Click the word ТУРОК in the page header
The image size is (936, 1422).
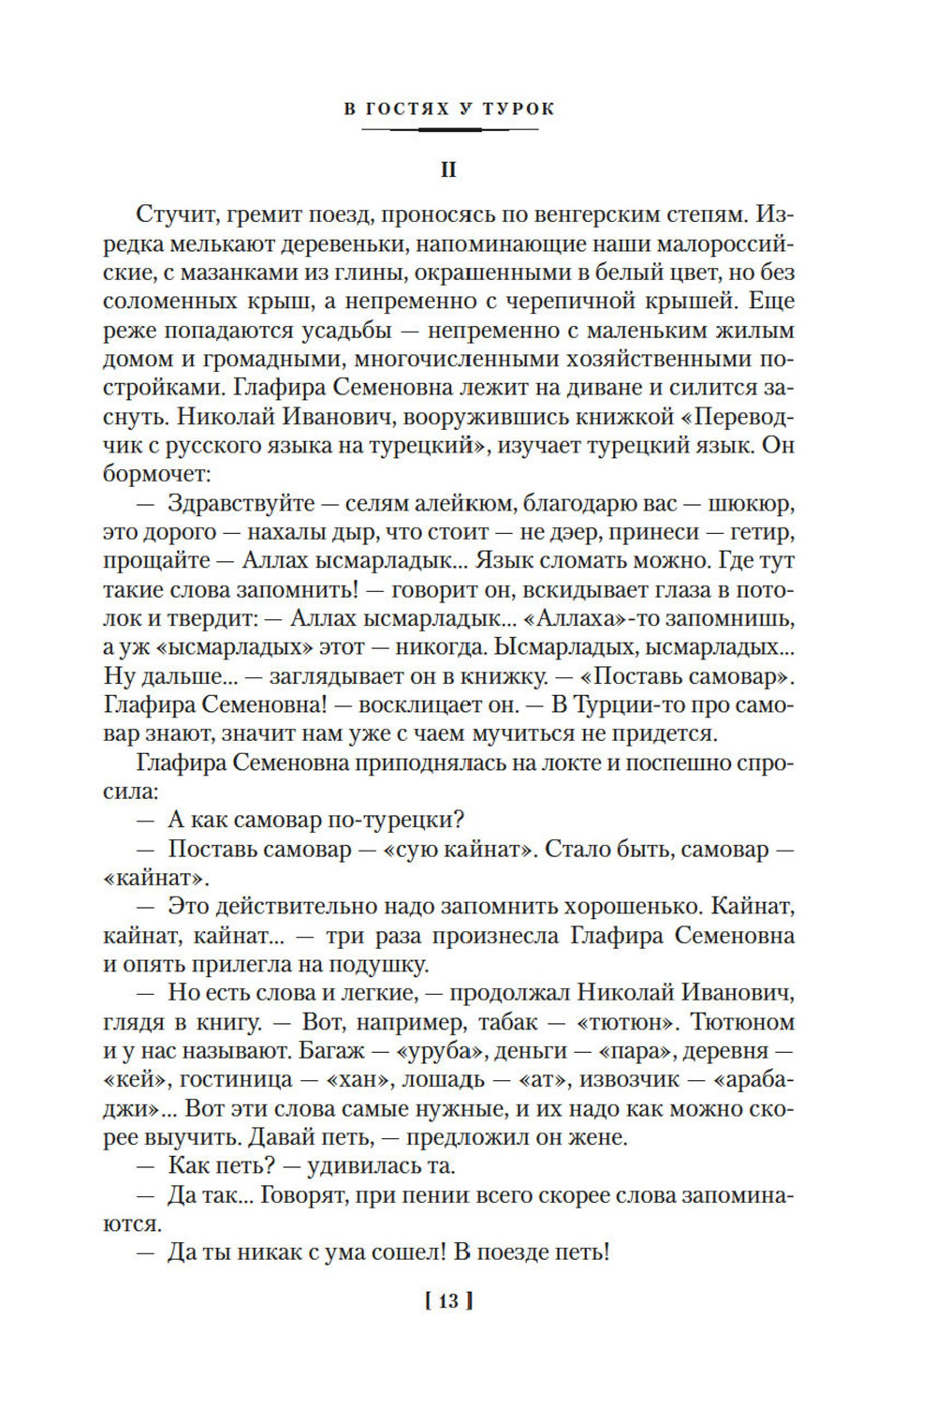point(519,109)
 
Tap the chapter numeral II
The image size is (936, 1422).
point(449,170)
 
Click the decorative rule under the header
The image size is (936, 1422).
point(449,129)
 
